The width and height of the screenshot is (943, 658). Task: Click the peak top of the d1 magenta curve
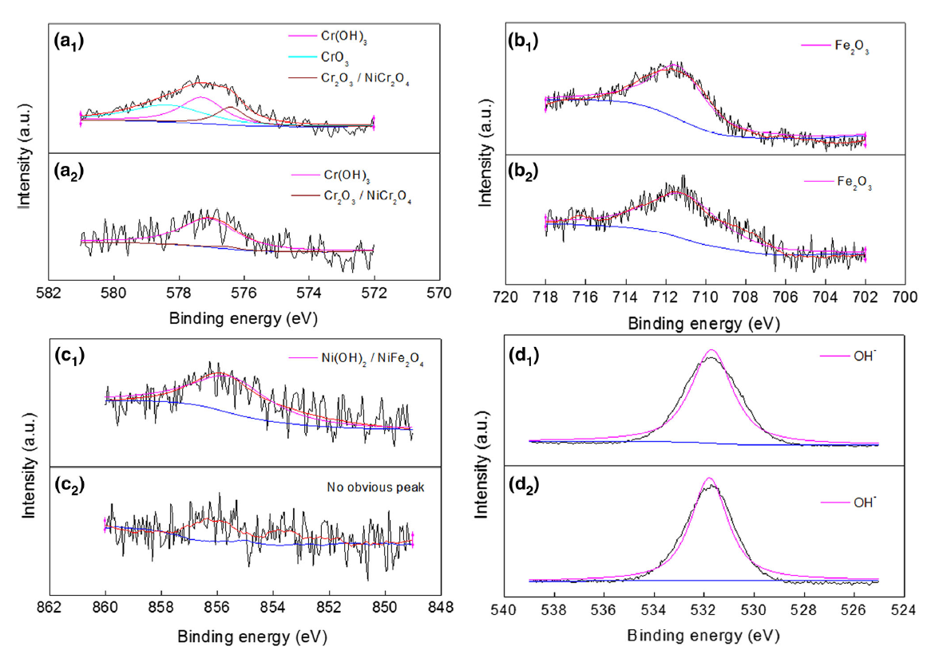pos(711,349)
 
